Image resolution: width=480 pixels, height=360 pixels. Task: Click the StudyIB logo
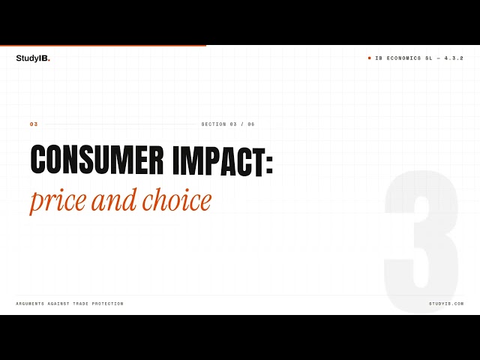tap(33, 58)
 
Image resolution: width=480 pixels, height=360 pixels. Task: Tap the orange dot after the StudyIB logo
tap(49, 61)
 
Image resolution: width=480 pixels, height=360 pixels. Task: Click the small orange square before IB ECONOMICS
tap(370, 58)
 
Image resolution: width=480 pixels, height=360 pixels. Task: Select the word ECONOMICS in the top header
tap(403, 58)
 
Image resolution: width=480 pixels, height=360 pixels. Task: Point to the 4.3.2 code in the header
tap(454, 58)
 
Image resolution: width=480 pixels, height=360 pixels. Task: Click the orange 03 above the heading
tap(34, 124)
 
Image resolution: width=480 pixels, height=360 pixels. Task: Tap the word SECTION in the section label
tap(214, 124)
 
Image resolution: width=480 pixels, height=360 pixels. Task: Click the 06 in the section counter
tap(251, 124)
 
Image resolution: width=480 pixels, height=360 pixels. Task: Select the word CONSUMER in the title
tap(97, 160)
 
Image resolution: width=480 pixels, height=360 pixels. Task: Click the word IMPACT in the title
tap(219, 160)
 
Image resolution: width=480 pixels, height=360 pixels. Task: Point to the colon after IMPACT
tap(269, 163)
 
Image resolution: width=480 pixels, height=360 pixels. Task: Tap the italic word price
tap(58, 202)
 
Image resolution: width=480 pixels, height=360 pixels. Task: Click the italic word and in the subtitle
tap(114, 199)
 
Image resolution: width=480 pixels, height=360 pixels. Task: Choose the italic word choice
tap(177, 199)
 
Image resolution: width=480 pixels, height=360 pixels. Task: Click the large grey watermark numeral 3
tap(421, 241)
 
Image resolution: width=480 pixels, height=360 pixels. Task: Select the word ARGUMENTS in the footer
tap(30, 304)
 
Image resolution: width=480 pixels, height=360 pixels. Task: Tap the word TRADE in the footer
tap(80, 304)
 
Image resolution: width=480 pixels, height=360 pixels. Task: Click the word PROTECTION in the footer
tap(108, 304)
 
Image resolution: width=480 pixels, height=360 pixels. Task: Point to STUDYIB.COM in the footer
tap(446, 304)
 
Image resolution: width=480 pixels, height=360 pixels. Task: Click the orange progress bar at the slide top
tap(103, 46)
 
